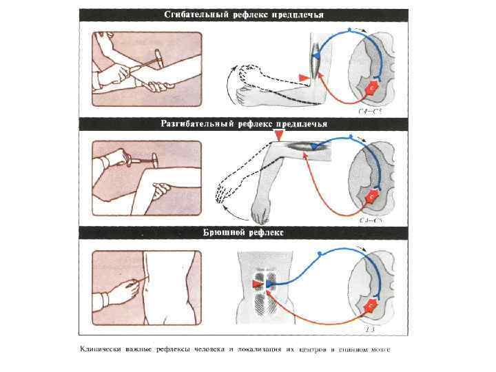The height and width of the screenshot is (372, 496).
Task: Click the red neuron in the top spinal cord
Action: (373, 89)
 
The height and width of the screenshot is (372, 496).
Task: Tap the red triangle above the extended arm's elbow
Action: (278, 138)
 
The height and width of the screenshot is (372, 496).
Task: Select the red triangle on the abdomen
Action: (256, 284)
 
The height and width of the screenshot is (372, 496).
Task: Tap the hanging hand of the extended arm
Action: (260, 206)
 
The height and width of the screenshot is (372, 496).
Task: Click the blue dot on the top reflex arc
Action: (351, 30)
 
